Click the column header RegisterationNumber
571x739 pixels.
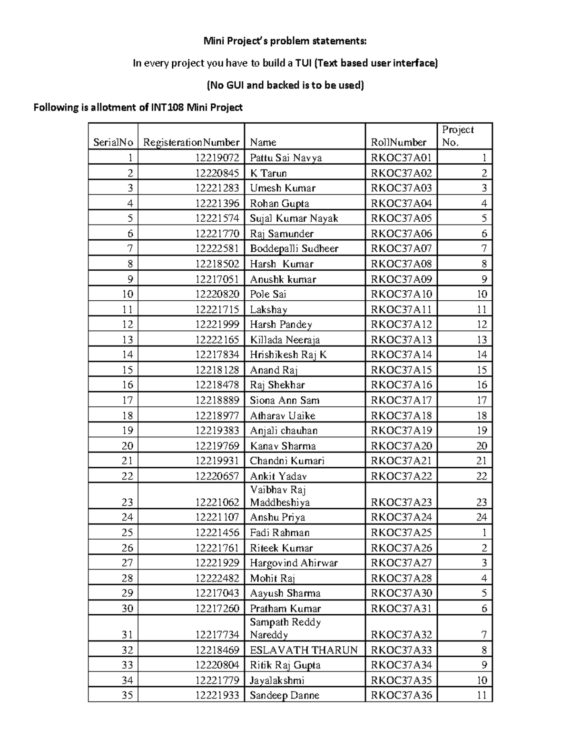pos(191,142)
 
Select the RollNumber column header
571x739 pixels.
pos(398,142)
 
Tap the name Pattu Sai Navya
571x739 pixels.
pos(285,158)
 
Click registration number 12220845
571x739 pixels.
pos(217,173)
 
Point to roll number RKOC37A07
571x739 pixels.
pos(401,248)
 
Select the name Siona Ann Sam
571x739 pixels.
pos(285,400)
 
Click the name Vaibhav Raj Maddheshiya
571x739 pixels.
pos(280,496)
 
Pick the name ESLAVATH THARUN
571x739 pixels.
pos(304,650)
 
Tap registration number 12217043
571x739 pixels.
pos(217,593)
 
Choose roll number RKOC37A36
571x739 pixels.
pos(401,695)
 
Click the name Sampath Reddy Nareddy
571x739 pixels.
pos(285,628)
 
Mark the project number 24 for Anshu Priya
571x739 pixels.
pos(482,517)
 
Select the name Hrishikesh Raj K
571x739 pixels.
pos(288,355)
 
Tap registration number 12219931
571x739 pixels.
pos(217,461)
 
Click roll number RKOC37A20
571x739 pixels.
pos(401,446)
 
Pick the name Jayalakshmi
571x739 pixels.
pos(277,680)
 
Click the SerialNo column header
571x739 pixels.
pos(113,142)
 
